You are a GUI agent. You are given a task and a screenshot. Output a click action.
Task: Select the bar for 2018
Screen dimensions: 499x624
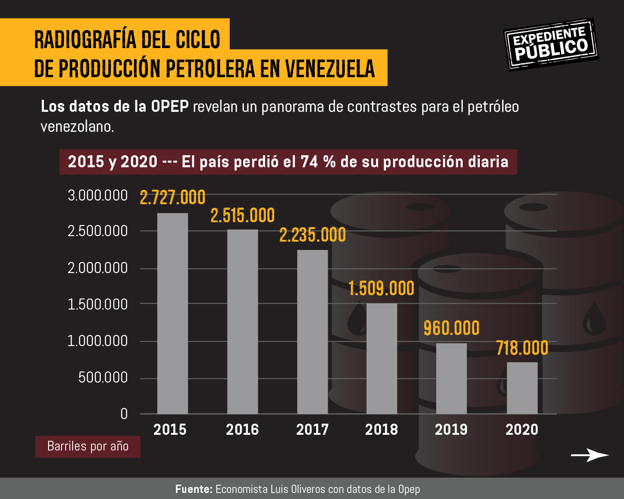[382, 359]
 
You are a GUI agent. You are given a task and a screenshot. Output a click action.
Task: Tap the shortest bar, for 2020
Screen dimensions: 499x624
[522, 388]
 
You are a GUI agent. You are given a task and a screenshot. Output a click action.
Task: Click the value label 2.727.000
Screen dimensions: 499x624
[172, 198]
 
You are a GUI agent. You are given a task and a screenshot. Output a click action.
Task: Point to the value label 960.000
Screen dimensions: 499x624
[452, 328]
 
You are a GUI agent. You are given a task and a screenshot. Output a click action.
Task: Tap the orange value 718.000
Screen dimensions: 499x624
[522, 348]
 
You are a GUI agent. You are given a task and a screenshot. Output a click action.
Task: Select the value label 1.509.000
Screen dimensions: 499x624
[381, 289]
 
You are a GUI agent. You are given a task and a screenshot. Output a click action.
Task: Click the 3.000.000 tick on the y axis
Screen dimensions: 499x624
[98, 195]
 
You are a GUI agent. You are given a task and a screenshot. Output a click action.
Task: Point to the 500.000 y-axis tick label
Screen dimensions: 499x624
[103, 377]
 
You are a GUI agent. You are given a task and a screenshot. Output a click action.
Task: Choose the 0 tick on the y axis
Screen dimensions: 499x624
[124, 414]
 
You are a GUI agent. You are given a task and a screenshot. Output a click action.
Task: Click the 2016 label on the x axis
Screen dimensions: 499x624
[242, 430]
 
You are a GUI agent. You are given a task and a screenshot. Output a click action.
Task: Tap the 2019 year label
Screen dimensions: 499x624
[451, 430]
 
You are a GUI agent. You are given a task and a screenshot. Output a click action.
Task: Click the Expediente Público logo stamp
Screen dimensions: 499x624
[551, 44]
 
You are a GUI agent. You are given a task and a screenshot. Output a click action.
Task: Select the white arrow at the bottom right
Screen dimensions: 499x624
[590, 455]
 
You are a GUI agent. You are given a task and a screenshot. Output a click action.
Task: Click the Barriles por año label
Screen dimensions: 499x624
[88, 446]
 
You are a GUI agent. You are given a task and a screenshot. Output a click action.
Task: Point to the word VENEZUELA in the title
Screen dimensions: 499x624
[330, 68]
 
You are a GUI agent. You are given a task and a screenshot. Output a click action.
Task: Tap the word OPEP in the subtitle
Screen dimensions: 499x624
[170, 107]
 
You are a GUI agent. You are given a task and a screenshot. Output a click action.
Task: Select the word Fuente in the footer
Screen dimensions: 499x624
[194, 489]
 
